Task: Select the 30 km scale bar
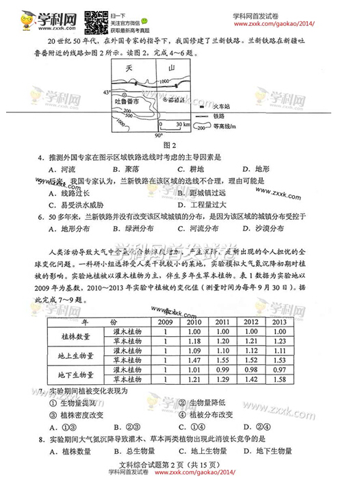(x=173, y=125)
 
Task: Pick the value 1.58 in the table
(x=279, y=378)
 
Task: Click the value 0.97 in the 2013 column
(x=279, y=368)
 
